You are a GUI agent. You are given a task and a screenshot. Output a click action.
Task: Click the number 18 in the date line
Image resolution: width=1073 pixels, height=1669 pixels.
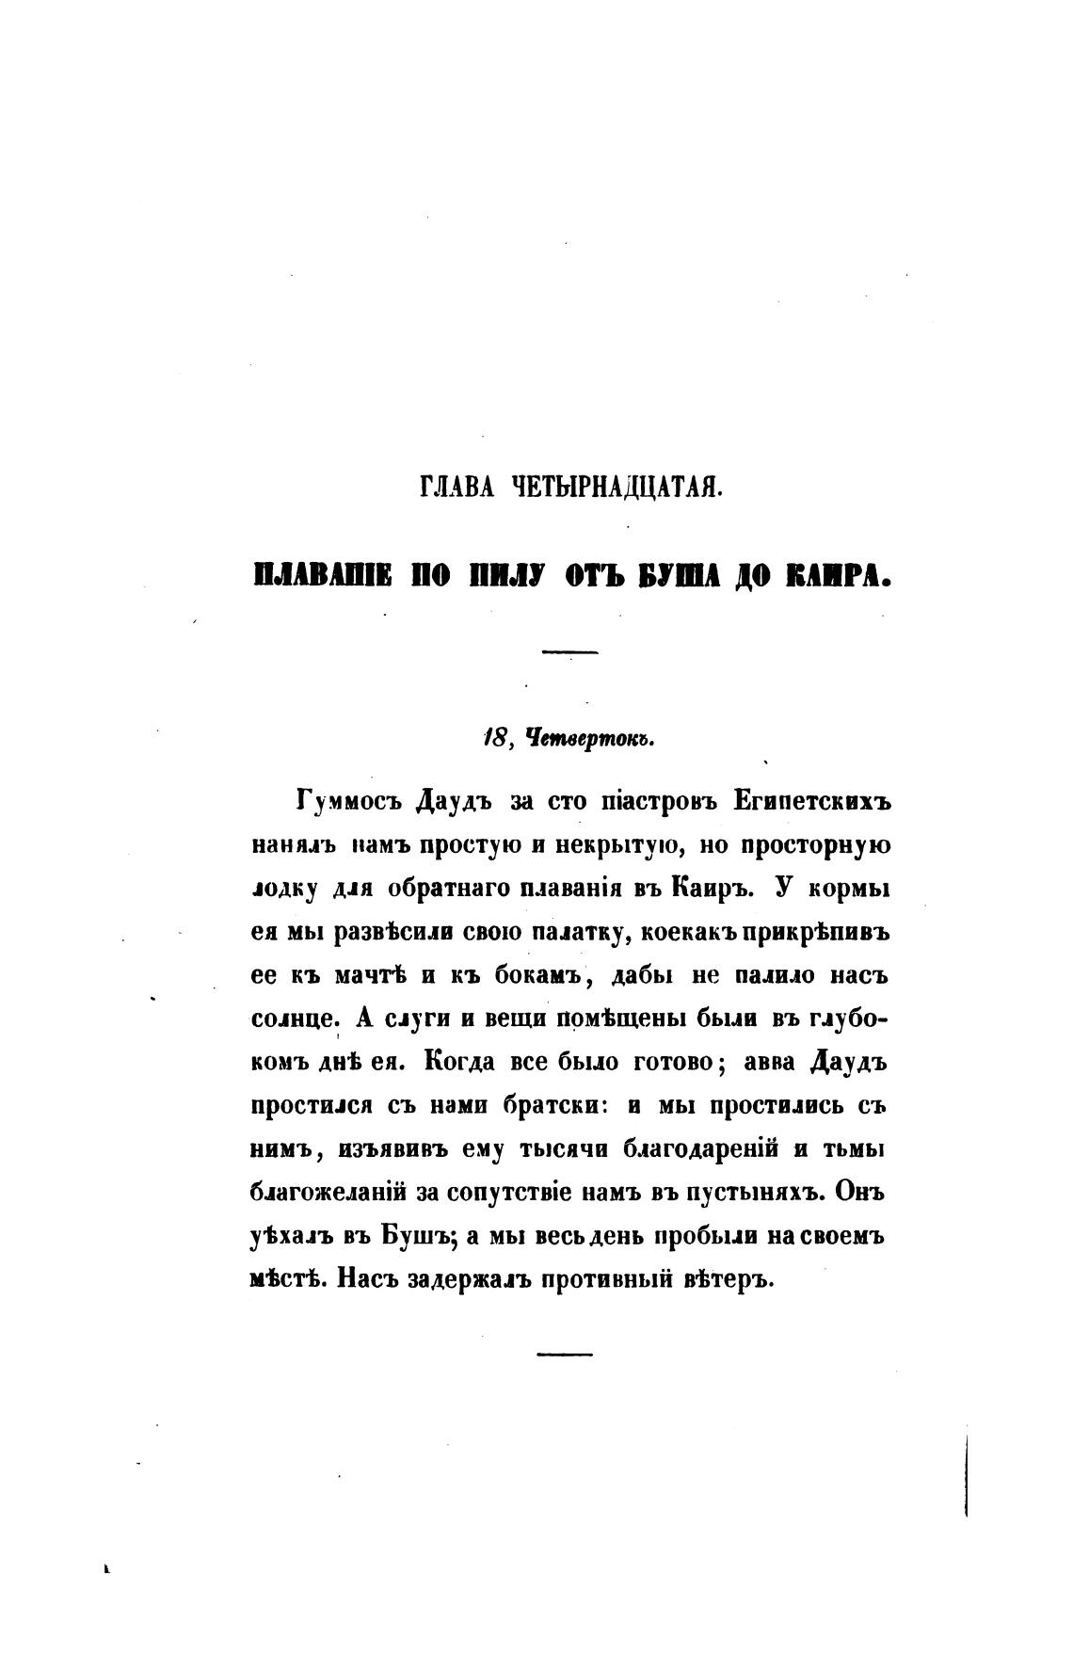point(492,740)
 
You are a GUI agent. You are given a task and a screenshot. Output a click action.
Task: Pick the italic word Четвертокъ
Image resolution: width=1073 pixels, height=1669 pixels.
point(582,740)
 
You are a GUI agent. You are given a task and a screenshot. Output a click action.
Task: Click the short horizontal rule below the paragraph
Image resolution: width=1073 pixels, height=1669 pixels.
point(565,1354)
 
